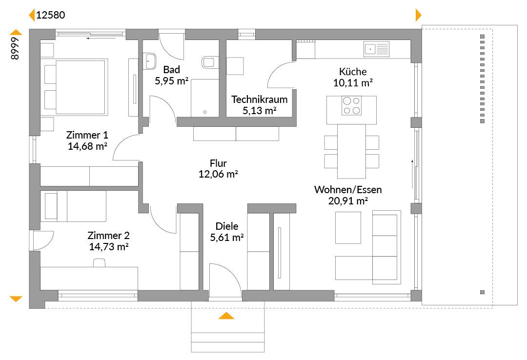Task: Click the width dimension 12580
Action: pos(50,15)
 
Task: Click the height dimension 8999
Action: pos(15,49)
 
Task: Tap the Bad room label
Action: pos(171,70)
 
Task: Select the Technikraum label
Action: pos(259,100)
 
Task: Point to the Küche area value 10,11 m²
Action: pos(353,83)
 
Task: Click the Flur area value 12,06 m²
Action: pos(218,174)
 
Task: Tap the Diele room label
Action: pos(227,226)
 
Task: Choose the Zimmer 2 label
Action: pos(108,235)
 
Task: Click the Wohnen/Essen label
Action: pos(348,190)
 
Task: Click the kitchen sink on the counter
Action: pos(376,49)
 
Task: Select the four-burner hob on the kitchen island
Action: pos(351,105)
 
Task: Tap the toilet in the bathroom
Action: pos(208,62)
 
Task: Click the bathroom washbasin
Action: pos(150,61)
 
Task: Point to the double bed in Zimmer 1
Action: pos(76,87)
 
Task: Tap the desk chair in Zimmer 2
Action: pos(99,262)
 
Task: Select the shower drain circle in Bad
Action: pos(205,112)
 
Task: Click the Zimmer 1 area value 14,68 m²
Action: pos(87,146)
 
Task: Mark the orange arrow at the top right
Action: pos(419,15)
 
